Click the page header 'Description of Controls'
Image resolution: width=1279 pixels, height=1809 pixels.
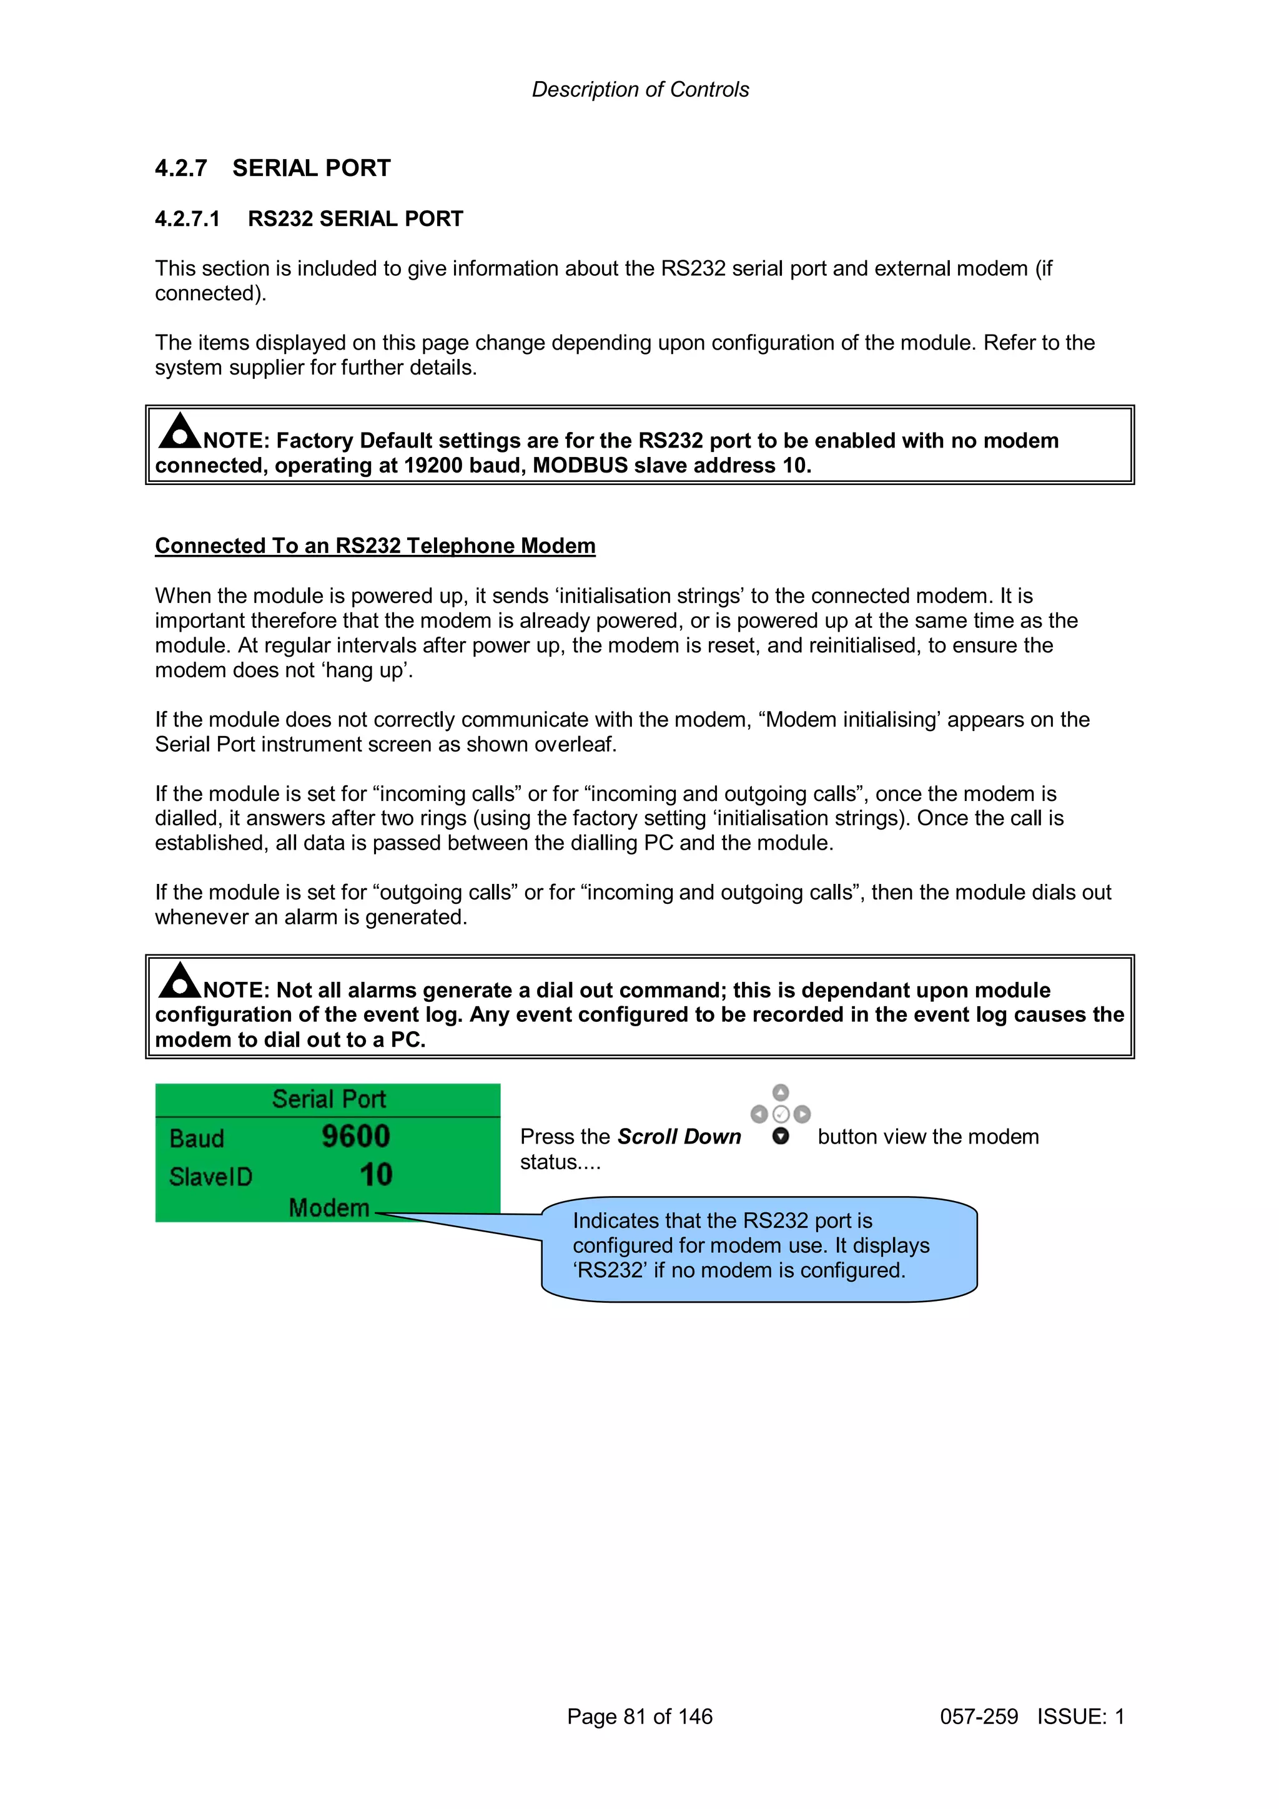(x=640, y=90)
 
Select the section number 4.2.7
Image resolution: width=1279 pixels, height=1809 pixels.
(x=180, y=169)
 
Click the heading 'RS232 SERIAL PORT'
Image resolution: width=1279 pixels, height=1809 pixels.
(x=355, y=219)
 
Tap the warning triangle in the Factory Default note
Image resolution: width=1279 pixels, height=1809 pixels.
(x=180, y=432)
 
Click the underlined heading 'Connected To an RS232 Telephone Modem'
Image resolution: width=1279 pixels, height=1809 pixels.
(x=375, y=546)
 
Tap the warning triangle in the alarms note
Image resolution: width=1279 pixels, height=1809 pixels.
(x=180, y=981)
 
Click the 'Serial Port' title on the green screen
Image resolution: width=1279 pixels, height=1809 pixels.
(x=328, y=1099)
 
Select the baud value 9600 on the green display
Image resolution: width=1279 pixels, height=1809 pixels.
(x=355, y=1136)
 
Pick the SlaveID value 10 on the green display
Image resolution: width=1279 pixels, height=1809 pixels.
(x=376, y=1175)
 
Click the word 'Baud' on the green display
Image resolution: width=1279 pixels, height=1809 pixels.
(x=197, y=1139)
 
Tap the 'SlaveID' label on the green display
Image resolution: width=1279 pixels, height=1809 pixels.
(x=210, y=1177)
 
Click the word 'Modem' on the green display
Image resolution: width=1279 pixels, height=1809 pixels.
(x=329, y=1208)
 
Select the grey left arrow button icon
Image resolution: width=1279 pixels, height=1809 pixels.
(x=759, y=1114)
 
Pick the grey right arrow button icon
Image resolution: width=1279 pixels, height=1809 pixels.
(x=802, y=1114)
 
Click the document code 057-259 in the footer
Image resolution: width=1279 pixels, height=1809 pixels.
(x=979, y=1716)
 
